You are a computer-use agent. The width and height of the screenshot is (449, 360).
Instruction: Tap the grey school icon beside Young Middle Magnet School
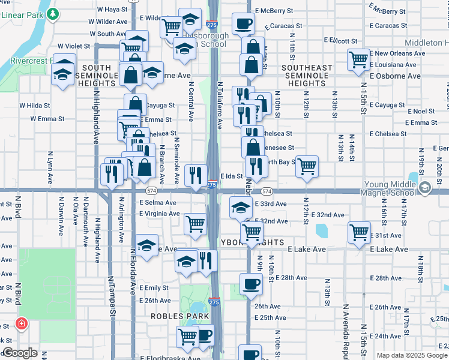tap(425, 187)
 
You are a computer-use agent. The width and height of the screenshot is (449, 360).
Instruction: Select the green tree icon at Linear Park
tap(53, 13)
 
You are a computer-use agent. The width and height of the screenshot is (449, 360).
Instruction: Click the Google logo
tap(20, 353)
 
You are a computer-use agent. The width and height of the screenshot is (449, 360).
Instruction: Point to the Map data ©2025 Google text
tap(411, 355)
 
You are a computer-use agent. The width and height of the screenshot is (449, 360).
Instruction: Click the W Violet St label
tap(73, 46)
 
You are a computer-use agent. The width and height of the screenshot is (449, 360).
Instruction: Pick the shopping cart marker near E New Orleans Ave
tap(358, 60)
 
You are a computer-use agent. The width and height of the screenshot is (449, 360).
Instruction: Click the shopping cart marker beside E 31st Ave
tap(359, 232)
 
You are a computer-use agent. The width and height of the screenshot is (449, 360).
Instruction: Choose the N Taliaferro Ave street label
tap(220, 106)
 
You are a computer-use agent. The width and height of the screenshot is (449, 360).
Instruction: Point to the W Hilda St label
tap(34, 105)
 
